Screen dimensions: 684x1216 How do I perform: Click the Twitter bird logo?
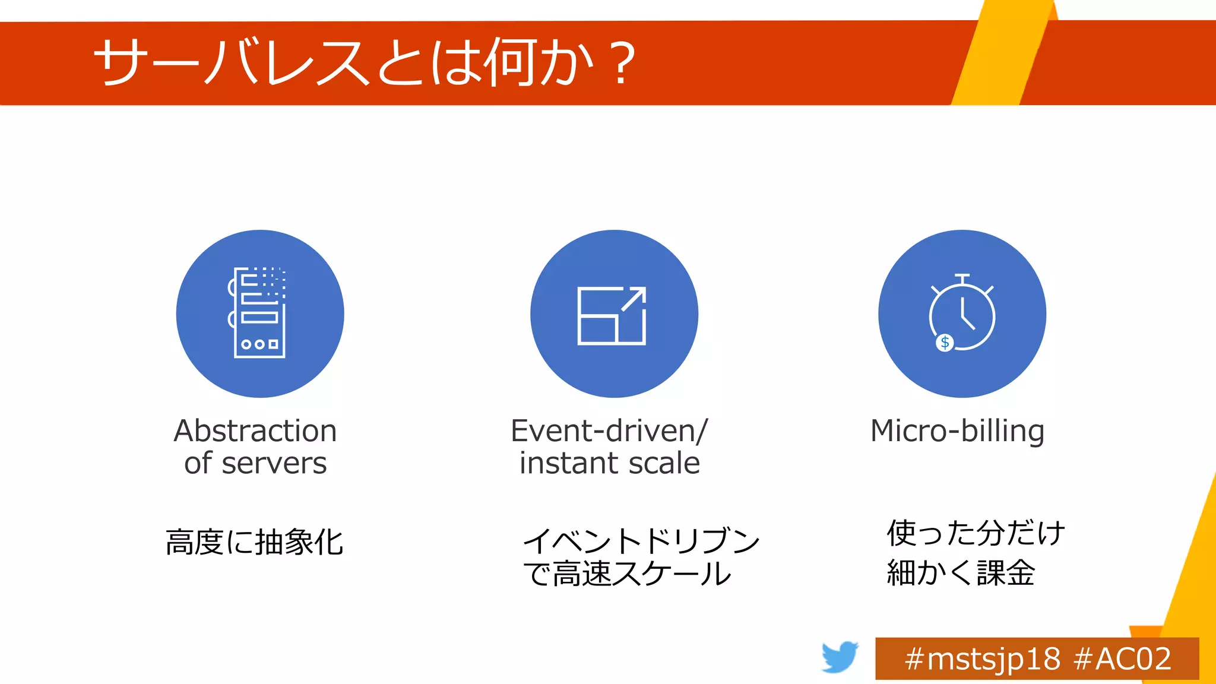click(x=840, y=657)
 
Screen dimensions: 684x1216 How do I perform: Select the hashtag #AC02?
click(x=1122, y=659)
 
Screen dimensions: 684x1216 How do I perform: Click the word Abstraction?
click(x=255, y=431)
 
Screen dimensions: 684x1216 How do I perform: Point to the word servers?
click(x=274, y=464)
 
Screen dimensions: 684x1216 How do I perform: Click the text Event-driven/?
click(x=609, y=431)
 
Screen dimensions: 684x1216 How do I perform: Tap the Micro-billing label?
click(x=957, y=431)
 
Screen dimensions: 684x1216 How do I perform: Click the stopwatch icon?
click(x=962, y=313)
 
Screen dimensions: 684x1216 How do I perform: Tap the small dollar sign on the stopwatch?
click(x=945, y=343)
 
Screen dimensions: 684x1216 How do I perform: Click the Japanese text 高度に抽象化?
click(x=254, y=542)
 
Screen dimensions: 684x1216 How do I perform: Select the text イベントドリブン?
click(x=641, y=541)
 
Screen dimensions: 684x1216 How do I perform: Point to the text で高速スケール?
click(x=627, y=574)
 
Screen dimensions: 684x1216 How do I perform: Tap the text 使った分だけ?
click(x=976, y=533)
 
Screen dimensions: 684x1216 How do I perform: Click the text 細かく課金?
click(x=961, y=573)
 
